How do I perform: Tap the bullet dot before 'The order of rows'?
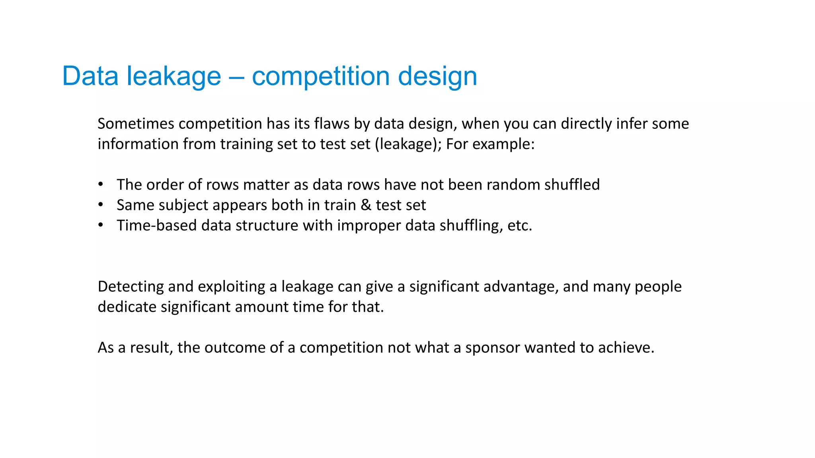[x=101, y=184]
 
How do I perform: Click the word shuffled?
[x=572, y=185]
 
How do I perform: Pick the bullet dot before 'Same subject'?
[x=101, y=205]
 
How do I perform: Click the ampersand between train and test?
[x=366, y=205]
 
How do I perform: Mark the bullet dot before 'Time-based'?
[x=101, y=225]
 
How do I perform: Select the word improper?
[x=369, y=226]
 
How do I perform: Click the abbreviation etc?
[x=519, y=226]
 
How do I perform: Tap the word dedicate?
[x=127, y=307]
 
